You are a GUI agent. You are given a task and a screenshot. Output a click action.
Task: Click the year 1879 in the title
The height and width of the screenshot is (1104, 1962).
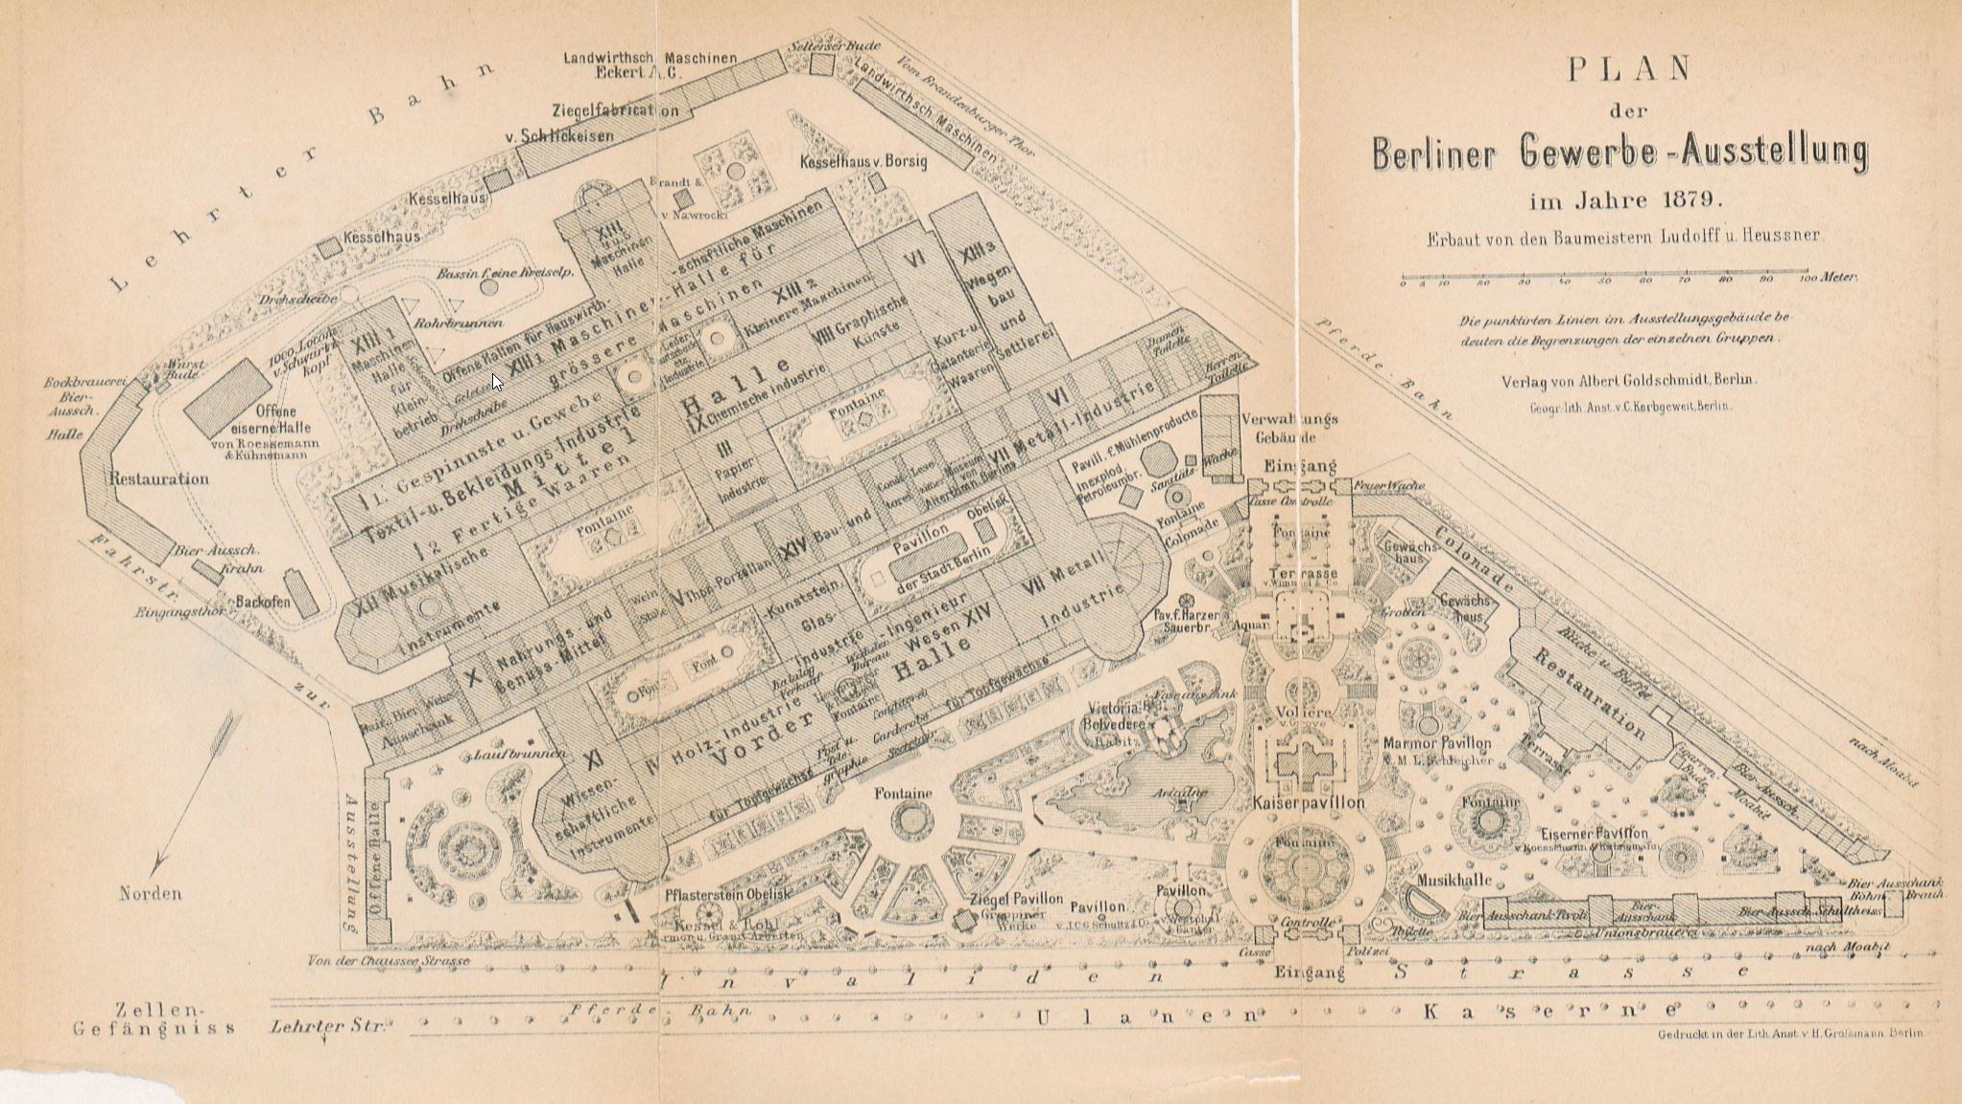1697,200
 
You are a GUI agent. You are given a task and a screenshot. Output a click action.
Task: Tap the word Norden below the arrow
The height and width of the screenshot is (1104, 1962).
150,893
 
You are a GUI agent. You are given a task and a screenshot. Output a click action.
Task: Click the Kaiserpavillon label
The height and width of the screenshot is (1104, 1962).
1308,802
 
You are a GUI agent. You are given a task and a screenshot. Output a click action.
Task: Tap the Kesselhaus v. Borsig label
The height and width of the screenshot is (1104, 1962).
863,162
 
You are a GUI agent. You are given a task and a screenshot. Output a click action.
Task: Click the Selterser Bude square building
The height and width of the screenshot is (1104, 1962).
821,64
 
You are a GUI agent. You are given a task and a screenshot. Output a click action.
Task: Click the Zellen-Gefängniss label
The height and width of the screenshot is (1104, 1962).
154,1019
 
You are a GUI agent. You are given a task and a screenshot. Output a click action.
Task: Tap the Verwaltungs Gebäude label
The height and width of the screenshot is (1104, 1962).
1288,428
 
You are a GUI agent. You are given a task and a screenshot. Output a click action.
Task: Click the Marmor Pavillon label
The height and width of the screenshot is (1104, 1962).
1436,743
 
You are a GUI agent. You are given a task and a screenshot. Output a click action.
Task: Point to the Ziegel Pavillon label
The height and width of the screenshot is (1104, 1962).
1016,899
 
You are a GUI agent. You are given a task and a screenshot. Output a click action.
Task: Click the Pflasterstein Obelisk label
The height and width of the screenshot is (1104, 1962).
727,893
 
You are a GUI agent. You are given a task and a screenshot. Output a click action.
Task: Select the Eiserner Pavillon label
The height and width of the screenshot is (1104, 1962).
1594,834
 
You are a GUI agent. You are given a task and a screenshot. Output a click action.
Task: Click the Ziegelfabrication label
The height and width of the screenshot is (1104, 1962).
615,109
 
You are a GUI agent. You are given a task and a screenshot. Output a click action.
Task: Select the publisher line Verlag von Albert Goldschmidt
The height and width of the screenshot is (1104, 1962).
1628,381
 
